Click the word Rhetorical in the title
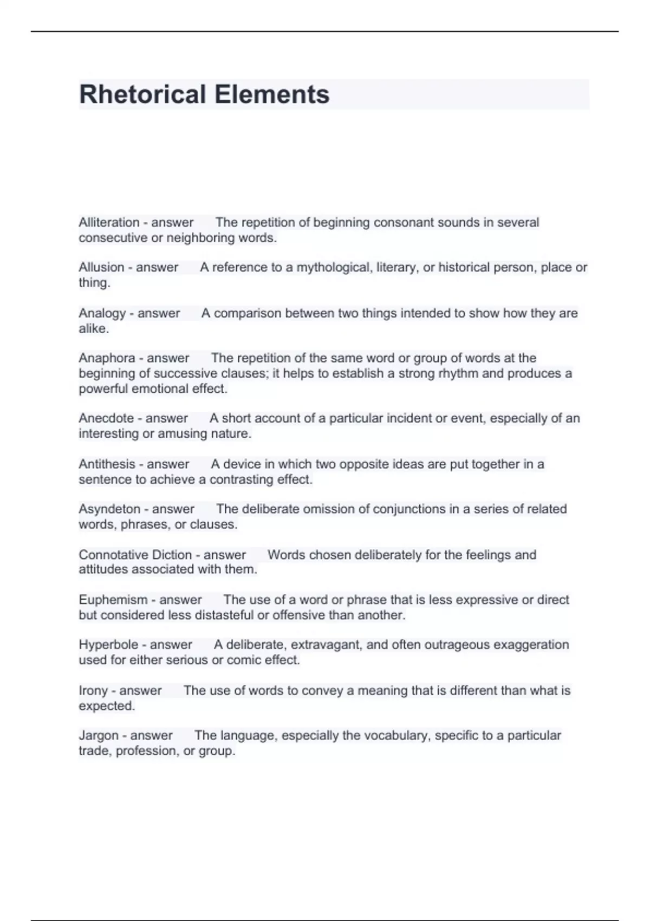pos(142,94)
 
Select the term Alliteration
pos(109,223)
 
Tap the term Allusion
pos(101,268)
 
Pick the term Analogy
pos(102,314)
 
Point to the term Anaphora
pos(107,358)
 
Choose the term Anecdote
pos(106,418)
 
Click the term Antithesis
pos(107,464)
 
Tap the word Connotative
pos(113,555)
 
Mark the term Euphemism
pos(113,600)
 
